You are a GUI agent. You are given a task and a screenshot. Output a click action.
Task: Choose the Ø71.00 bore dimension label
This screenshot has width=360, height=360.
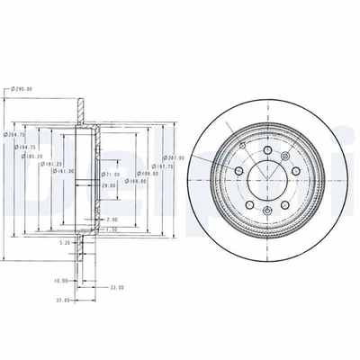pos(111,174)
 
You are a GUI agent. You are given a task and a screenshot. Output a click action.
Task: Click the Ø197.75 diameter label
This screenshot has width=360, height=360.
pos(162,166)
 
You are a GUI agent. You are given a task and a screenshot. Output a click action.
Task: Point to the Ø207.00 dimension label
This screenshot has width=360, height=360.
pos(173,157)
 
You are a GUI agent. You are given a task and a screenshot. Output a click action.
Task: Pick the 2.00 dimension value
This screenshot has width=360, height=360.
pos(112,219)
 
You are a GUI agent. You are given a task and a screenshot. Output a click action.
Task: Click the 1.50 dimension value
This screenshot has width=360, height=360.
pos(111,229)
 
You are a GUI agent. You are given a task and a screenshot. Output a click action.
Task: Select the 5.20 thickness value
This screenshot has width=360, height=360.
pos(64,242)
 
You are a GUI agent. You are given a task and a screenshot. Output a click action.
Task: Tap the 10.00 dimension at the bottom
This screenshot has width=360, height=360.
pos(60,280)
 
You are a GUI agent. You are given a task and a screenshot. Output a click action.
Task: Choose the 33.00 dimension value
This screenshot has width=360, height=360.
pos(116,287)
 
